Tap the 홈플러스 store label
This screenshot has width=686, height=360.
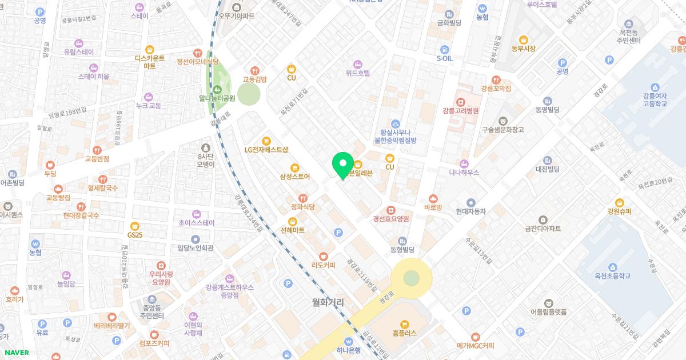click(x=405, y=332)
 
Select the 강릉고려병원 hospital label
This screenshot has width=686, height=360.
click(x=460, y=110)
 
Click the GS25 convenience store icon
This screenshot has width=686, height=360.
click(x=134, y=225)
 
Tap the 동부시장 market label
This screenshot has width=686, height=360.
click(x=524, y=49)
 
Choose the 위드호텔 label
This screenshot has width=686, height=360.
click(x=358, y=73)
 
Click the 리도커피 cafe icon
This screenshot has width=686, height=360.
click(x=324, y=256)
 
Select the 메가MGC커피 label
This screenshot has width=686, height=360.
click(x=475, y=346)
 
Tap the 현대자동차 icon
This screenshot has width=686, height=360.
click(x=470, y=202)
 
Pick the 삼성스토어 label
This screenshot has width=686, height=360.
click(x=295, y=177)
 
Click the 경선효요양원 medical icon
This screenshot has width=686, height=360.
click(x=391, y=218)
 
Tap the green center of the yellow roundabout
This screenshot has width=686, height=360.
click(x=411, y=278)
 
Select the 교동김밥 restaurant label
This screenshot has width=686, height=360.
click(x=255, y=79)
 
